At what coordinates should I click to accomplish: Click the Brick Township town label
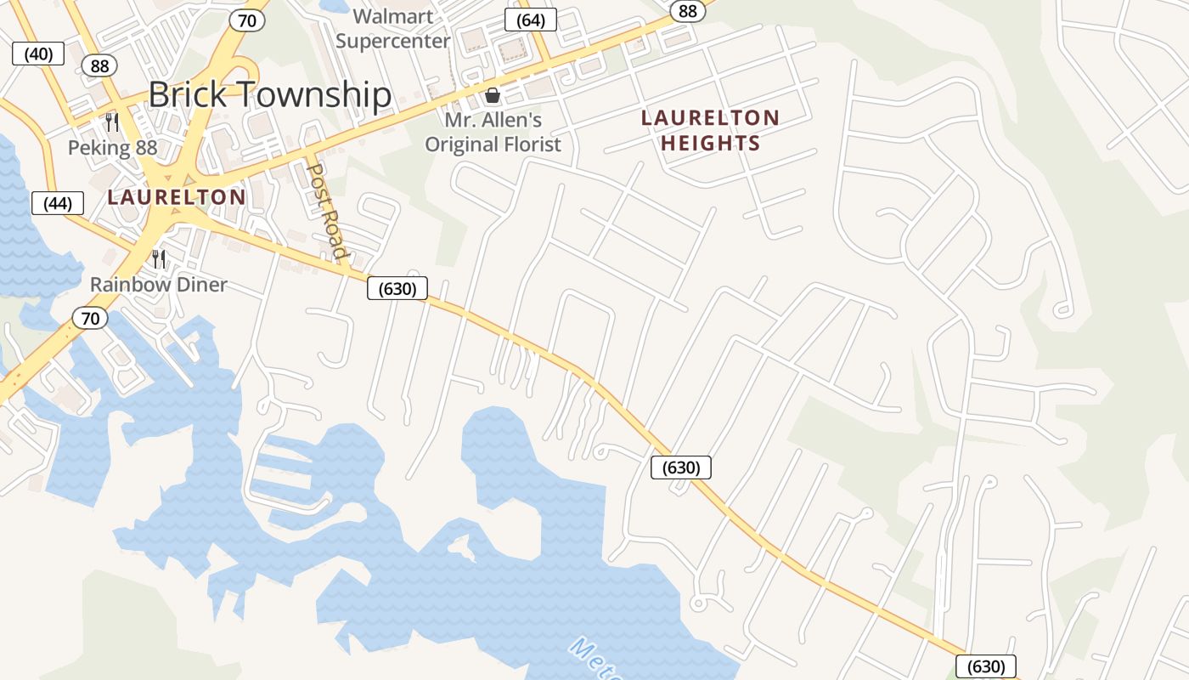[x=269, y=94]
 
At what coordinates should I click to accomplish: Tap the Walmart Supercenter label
[x=392, y=28]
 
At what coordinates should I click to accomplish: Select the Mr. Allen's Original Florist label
[x=493, y=132]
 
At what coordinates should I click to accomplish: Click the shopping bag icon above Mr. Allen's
[x=493, y=95]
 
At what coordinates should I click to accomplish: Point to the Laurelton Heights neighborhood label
[x=710, y=130]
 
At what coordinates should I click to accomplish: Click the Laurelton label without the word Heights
[x=177, y=197]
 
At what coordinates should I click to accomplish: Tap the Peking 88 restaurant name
[x=112, y=147]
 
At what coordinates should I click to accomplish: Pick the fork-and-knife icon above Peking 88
[x=111, y=122]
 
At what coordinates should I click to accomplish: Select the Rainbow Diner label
[x=159, y=284]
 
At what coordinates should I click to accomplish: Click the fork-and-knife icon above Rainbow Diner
[x=159, y=258]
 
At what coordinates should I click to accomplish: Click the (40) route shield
[x=38, y=54]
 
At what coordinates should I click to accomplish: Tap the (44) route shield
[x=58, y=203]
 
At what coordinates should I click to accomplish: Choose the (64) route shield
[x=530, y=20]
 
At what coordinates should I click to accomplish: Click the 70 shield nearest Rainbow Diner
[x=90, y=319]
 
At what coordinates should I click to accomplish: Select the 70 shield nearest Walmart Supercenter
[x=246, y=20]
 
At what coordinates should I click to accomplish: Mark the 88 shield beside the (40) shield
[x=99, y=66]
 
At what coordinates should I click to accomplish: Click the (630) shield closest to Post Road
[x=397, y=288]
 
